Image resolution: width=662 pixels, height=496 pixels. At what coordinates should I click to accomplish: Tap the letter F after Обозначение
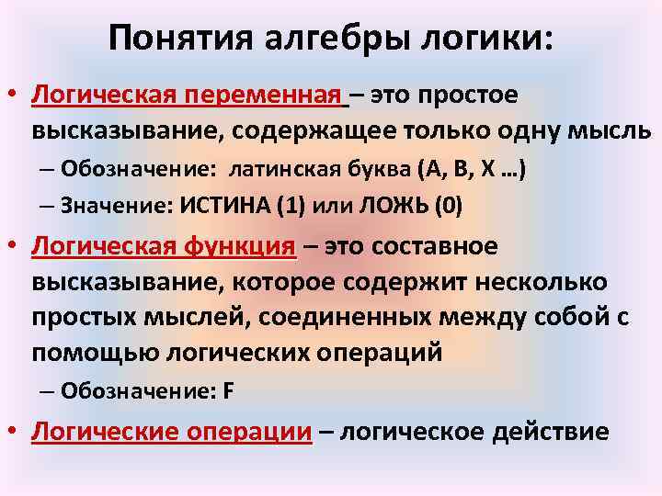click(x=228, y=389)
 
